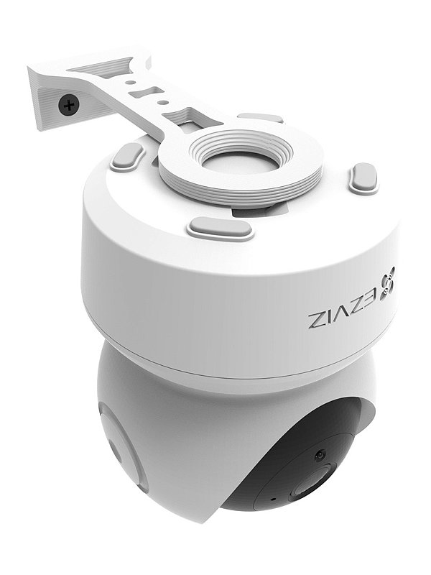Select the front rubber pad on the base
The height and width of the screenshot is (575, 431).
[220, 229]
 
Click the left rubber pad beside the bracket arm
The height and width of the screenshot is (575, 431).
[127, 156]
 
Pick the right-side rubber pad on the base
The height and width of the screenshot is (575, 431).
[363, 178]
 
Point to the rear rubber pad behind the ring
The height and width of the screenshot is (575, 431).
[260, 117]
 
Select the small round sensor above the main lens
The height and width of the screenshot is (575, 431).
[319, 454]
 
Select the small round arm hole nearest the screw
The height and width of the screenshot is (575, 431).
[130, 82]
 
